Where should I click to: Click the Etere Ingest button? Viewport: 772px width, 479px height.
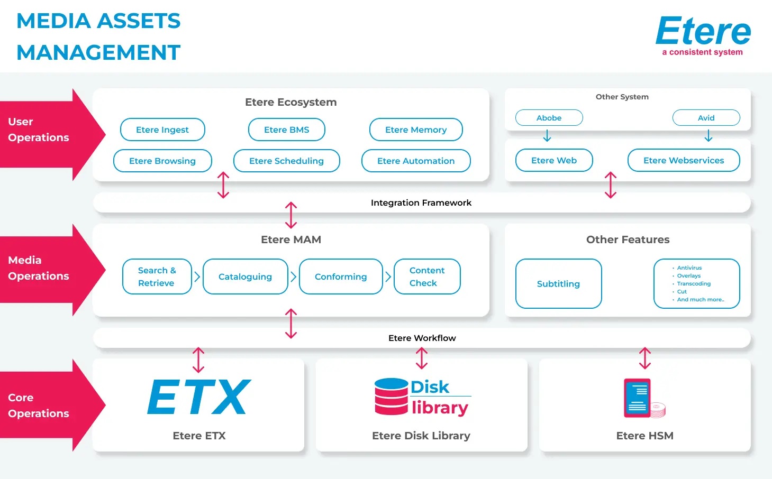click(162, 130)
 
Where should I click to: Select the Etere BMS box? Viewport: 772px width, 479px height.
click(286, 130)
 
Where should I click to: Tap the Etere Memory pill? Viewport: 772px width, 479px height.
click(416, 130)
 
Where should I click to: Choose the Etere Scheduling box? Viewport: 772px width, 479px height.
click(286, 161)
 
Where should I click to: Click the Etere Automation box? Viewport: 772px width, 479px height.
click(416, 161)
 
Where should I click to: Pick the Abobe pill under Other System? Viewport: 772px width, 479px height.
click(549, 118)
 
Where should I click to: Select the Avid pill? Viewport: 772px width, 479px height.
click(706, 118)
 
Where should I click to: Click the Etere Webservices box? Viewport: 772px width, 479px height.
click(683, 160)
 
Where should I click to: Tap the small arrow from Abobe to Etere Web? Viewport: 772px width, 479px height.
click(547, 137)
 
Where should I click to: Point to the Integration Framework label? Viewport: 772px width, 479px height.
click(421, 203)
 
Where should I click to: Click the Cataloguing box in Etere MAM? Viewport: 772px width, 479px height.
click(245, 277)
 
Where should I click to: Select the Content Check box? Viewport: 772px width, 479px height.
click(426, 277)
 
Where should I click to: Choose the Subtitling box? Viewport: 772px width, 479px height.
click(558, 284)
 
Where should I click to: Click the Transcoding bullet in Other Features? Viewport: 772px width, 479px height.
click(693, 284)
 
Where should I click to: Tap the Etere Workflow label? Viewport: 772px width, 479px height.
click(422, 338)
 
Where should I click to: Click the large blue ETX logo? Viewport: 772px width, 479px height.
click(198, 397)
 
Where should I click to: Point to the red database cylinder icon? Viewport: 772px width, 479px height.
click(391, 397)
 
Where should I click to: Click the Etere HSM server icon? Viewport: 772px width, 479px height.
click(638, 398)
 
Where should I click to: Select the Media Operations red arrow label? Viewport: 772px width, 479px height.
click(39, 268)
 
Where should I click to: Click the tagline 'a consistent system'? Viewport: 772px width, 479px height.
click(702, 52)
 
